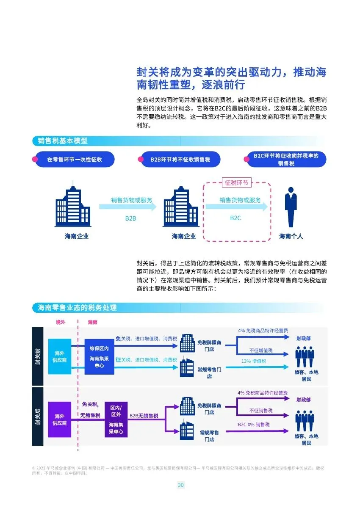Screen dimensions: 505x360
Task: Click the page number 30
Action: pos(180,485)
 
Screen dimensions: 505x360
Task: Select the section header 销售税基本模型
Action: pos(63,141)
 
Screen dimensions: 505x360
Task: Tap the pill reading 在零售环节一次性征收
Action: pos(75,160)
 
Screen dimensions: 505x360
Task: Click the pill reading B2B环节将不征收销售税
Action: pos(180,160)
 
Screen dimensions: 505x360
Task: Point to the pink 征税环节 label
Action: pos(237,183)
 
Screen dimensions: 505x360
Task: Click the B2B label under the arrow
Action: pos(130,218)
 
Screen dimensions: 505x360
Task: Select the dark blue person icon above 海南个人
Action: pos(291,207)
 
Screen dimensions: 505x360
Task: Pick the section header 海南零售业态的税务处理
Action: pos(78,308)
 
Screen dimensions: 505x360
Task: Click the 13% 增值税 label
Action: pos(254,361)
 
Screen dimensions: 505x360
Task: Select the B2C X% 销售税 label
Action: pos(254,425)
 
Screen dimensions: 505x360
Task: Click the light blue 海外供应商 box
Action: pos(60,356)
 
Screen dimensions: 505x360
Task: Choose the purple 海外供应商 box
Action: pos(60,419)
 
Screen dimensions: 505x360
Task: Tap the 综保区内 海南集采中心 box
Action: pos(100,356)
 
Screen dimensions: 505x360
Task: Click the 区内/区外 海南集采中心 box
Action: pos(116,419)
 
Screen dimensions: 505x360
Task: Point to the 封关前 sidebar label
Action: pos(38,356)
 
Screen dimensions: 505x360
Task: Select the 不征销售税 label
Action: pos(261,411)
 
